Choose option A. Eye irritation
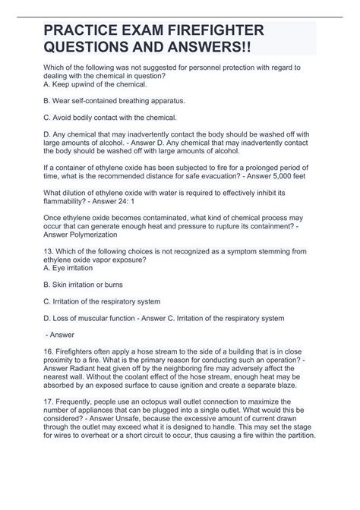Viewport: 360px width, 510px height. (x=74, y=301)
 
